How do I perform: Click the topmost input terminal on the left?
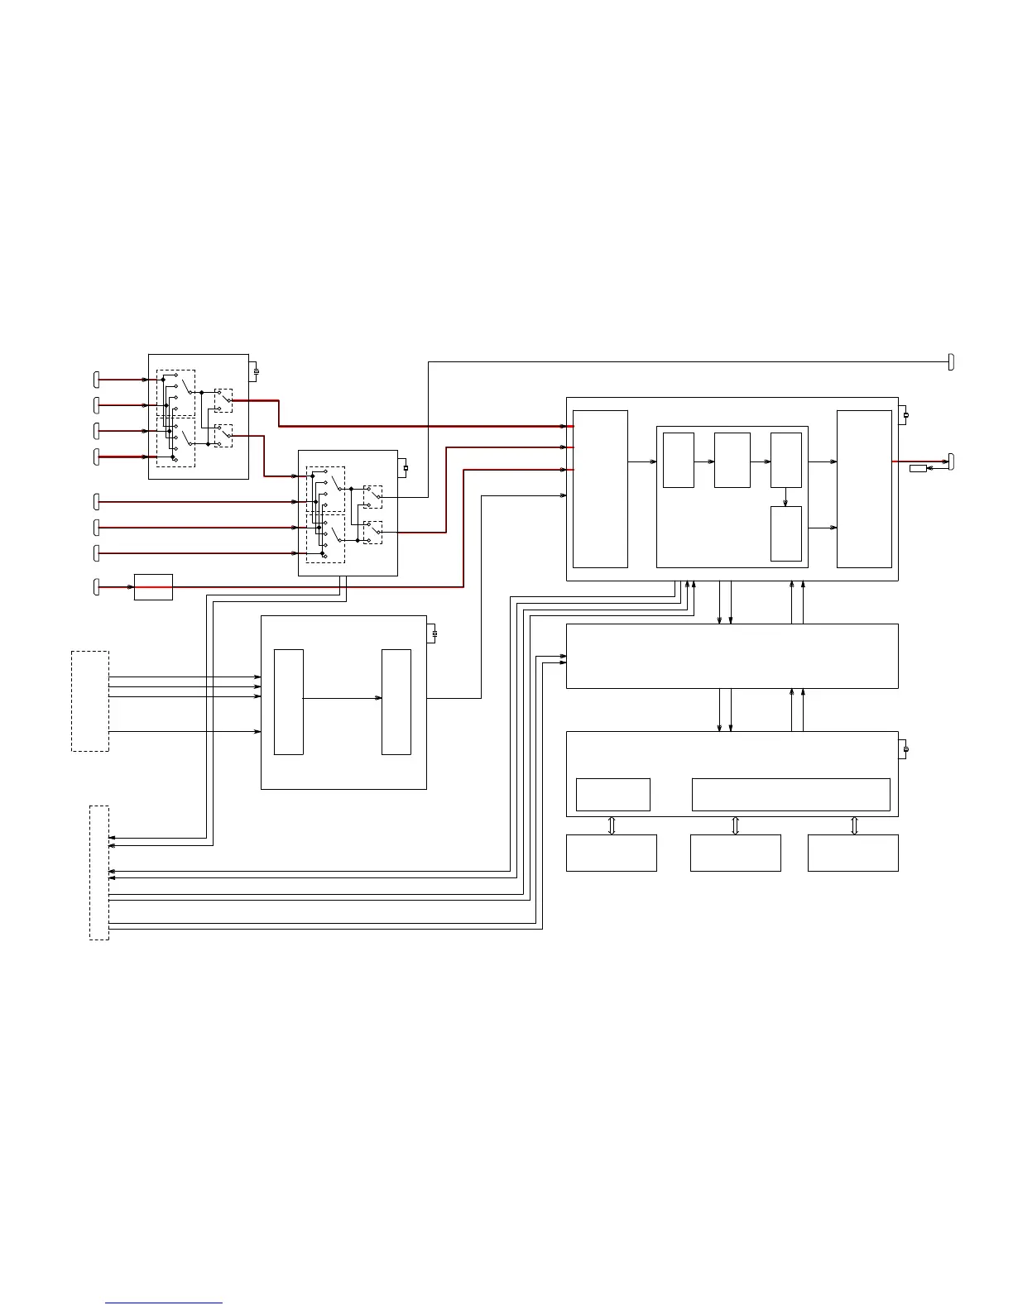pyautogui.click(x=97, y=380)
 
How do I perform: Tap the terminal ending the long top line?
pyautogui.click(x=951, y=361)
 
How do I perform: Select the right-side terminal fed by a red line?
pyautogui.click(x=951, y=461)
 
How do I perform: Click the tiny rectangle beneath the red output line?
pyautogui.click(x=918, y=469)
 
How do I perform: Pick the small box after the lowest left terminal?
pyautogui.click(x=153, y=587)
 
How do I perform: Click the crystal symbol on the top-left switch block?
pyautogui.click(x=256, y=371)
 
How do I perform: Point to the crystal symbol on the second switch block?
pyautogui.click(x=406, y=468)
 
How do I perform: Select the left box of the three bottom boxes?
pyautogui.click(x=611, y=853)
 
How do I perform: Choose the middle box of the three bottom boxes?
pyautogui.click(x=735, y=853)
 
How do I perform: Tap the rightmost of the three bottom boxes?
pyautogui.click(x=852, y=853)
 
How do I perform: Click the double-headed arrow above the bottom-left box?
pyautogui.click(x=612, y=825)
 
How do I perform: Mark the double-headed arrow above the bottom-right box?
pyautogui.click(x=855, y=825)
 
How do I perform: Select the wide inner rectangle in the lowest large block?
pyautogui.click(x=790, y=795)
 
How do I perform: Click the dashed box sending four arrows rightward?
pyautogui.click(x=90, y=701)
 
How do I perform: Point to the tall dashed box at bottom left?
pyautogui.click(x=99, y=873)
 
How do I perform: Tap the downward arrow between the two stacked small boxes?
pyautogui.click(x=785, y=497)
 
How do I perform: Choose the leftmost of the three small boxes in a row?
pyautogui.click(x=678, y=460)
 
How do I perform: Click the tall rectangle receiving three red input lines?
pyautogui.click(x=600, y=489)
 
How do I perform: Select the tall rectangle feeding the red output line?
pyautogui.click(x=864, y=489)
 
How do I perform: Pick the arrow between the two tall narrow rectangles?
pyautogui.click(x=342, y=699)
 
